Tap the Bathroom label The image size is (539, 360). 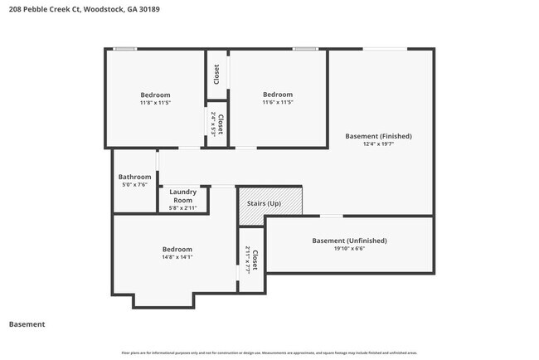pyautogui.click(x=134, y=177)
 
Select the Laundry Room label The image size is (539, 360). pyautogui.click(x=182, y=196)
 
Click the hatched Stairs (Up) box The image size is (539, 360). pyautogui.click(x=270, y=204)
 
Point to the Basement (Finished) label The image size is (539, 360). pyautogui.click(x=378, y=136)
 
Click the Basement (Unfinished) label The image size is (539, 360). pyautogui.click(x=349, y=241)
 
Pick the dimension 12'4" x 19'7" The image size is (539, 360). pyautogui.click(x=378, y=144)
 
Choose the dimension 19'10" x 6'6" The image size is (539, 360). pyautogui.click(x=349, y=249)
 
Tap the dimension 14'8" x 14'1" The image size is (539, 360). pyautogui.click(x=177, y=257)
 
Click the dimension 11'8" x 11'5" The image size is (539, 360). pyautogui.click(x=155, y=103)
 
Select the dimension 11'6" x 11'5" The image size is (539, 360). pyautogui.click(x=278, y=103)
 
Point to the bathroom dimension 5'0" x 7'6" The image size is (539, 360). pyautogui.click(x=134, y=185)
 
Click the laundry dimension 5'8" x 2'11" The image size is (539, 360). pyautogui.click(x=182, y=208)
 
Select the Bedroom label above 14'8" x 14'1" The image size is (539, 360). pyautogui.click(x=177, y=249)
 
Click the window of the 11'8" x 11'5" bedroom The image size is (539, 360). pyautogui.click(x=125, y=49)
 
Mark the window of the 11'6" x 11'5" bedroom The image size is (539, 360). pyautogui.click(x=304, y=49)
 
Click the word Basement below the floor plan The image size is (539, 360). pyautogui.click(x=27, y=324)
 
